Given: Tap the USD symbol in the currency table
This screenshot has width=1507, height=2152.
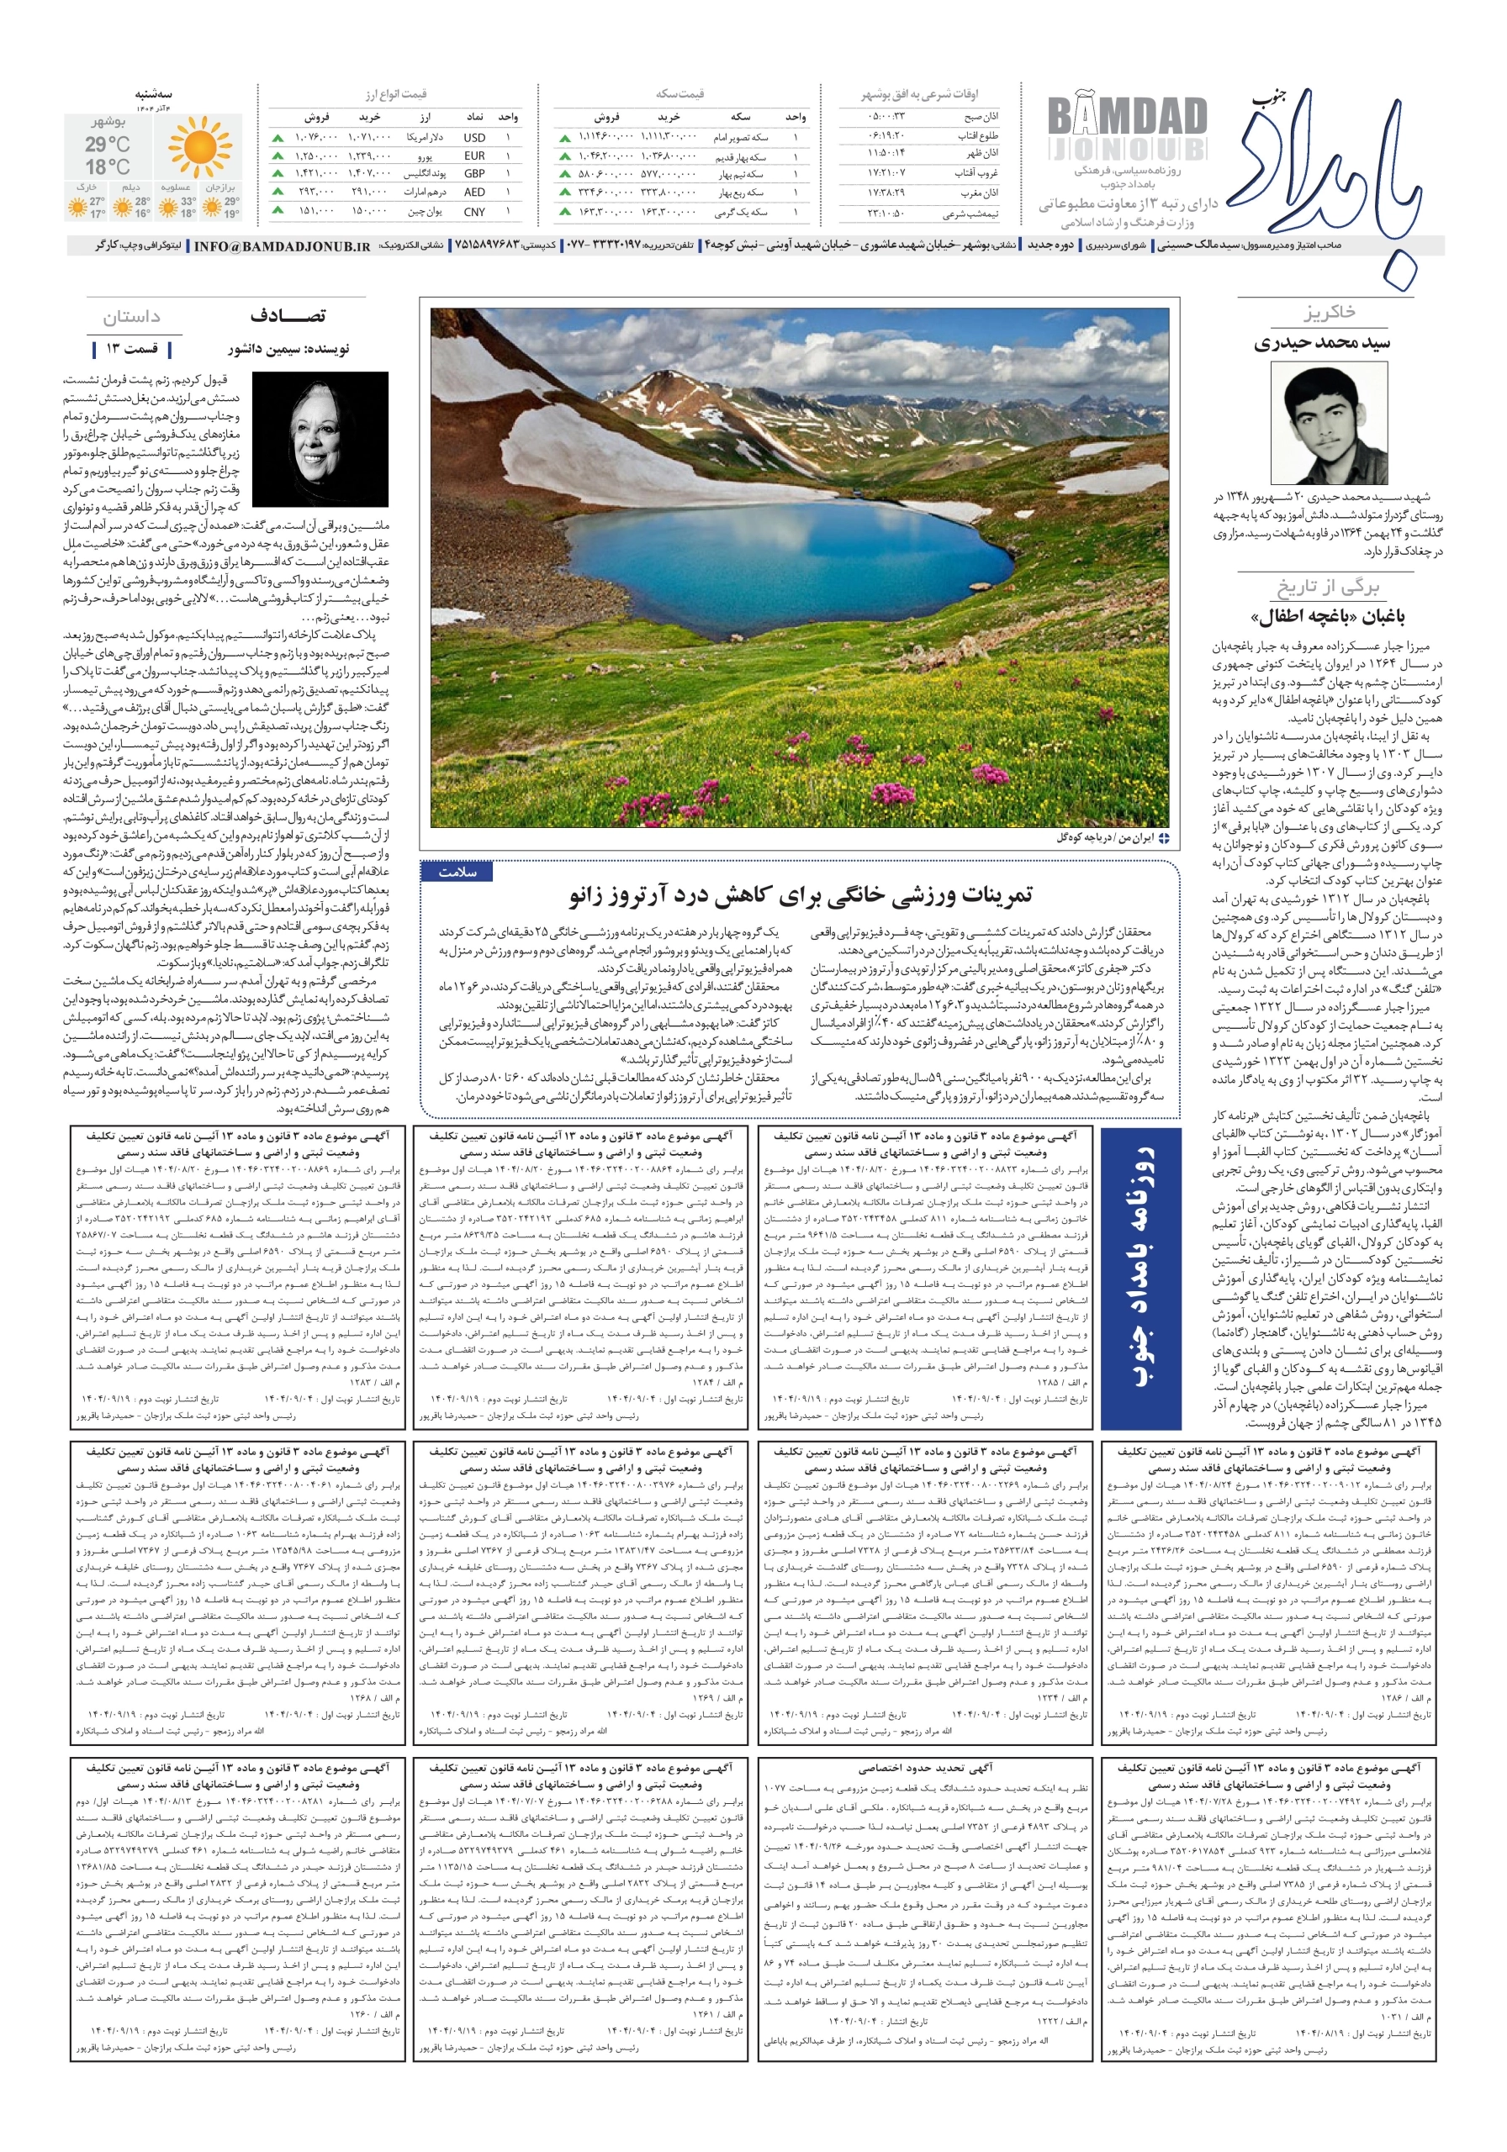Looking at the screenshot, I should click(x=474, y=137).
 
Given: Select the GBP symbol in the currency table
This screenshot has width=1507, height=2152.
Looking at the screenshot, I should click(x=474, y=173).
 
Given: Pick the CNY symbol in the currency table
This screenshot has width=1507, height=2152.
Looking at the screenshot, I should click(x=474, y=212).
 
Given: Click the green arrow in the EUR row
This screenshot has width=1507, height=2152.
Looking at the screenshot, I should click(x=278, y=156).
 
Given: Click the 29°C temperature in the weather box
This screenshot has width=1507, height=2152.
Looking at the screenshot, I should click(x=108, y=145).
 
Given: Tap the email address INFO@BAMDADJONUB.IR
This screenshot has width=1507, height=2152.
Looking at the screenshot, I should click(x=282, y=246).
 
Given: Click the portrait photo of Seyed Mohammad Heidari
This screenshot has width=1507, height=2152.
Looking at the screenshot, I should click(x=1317, y=423).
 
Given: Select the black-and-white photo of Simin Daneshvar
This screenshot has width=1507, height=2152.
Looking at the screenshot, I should click(x=320, y=439).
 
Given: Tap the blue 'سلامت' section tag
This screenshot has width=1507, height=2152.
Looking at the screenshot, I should click(x=457, y=872).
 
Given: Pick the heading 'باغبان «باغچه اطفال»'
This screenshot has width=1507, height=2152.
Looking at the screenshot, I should click(x=1327, y=617).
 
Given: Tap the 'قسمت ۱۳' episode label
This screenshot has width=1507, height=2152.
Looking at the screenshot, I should click(x=132, y=349).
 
